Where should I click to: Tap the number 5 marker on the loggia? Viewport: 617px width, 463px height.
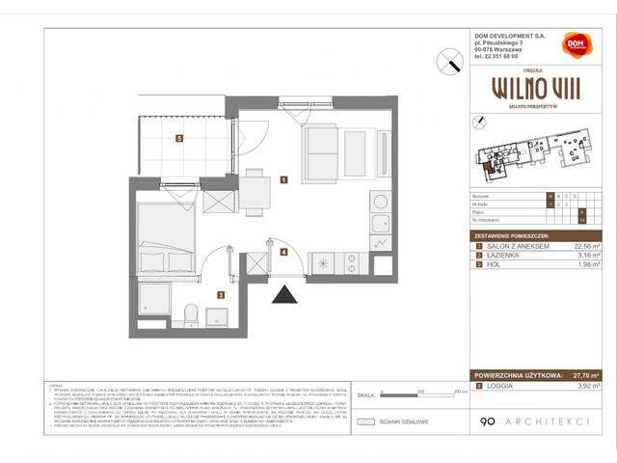(179, 138)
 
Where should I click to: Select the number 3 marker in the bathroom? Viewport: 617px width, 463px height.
(220, 295)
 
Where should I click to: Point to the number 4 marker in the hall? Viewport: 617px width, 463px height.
(283, 252)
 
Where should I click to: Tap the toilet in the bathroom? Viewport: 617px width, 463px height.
(191, 313)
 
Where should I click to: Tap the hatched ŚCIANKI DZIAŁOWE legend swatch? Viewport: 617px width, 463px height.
(364, 422)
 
